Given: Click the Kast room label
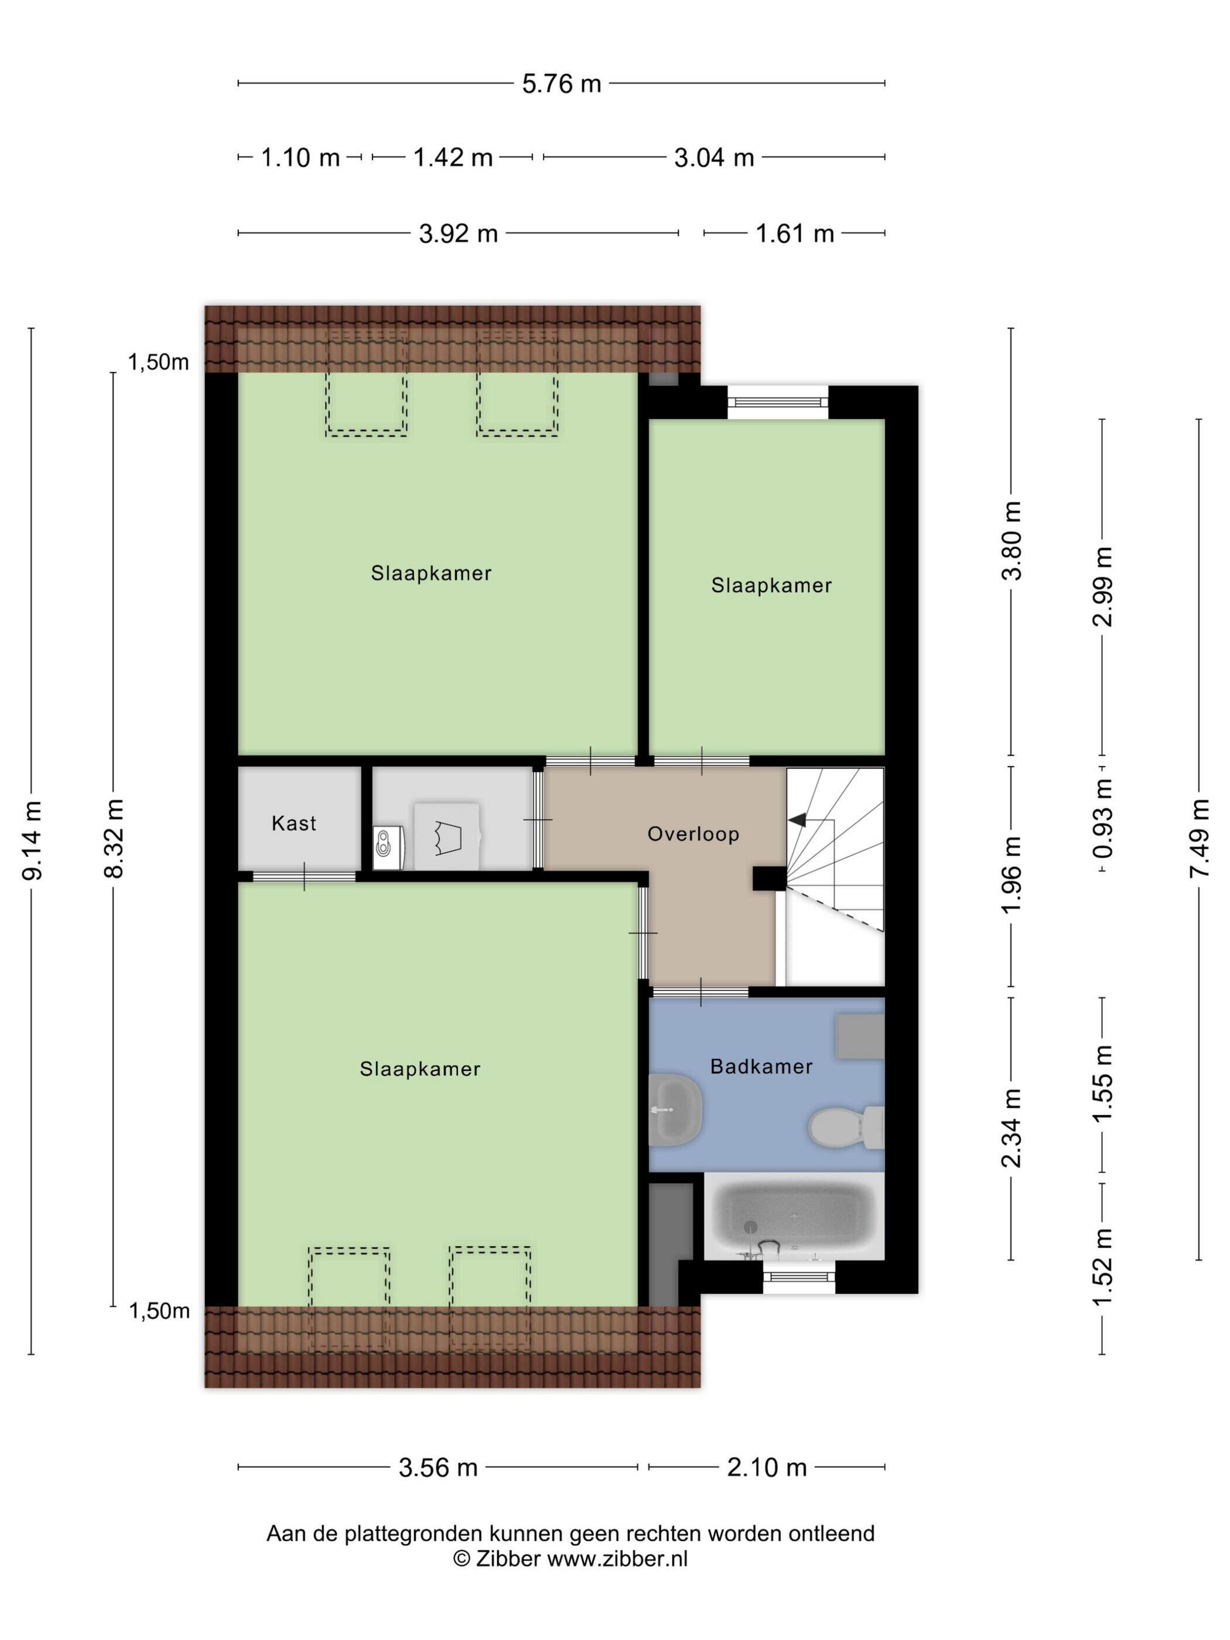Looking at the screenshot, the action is [x=293, y=823].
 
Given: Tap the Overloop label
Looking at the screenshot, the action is [x=693, y=834].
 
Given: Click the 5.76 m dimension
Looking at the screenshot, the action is [x=561, y=84].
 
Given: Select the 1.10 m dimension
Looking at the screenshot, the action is [x=300, y=157].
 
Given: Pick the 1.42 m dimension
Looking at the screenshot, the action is [x=453, y=157].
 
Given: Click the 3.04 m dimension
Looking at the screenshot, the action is [x=714, y=157].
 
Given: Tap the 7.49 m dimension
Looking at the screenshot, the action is [x=1199, y=838].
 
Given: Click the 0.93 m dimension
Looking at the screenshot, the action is [x=1104, y=816].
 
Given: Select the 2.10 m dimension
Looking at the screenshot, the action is [x=767, y=1467].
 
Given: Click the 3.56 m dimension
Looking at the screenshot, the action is [x=438, y=1467].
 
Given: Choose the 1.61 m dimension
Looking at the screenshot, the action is [x=795, y=234].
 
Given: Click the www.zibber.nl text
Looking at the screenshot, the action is [x=617, y=1559].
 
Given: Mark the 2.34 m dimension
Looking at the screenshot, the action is [x=1012, y=1127].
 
